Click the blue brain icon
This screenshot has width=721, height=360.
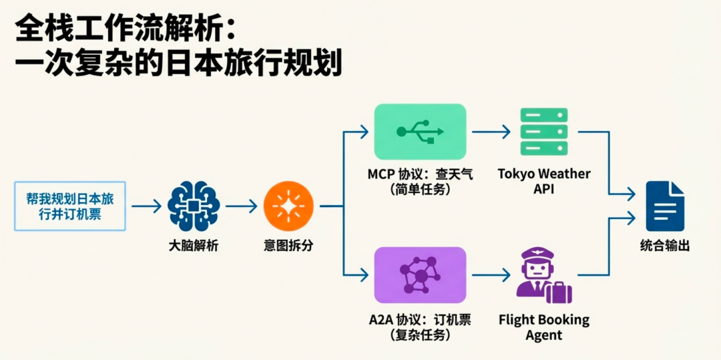194,206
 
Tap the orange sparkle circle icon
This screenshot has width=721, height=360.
288,206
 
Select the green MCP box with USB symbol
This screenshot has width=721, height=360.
419,131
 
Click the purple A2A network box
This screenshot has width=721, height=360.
419,274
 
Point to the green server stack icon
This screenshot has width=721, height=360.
543,131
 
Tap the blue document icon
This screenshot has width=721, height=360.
664,206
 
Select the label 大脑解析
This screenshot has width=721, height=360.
194,246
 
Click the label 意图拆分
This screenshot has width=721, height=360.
288,246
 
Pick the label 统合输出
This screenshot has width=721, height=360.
664,246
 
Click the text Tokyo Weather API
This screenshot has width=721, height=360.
543,181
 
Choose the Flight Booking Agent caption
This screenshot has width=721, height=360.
543,327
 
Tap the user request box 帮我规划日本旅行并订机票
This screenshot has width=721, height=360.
70,206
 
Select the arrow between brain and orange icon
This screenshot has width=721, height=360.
241,206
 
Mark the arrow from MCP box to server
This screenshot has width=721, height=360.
492,132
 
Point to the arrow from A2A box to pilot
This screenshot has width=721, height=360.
492,274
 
